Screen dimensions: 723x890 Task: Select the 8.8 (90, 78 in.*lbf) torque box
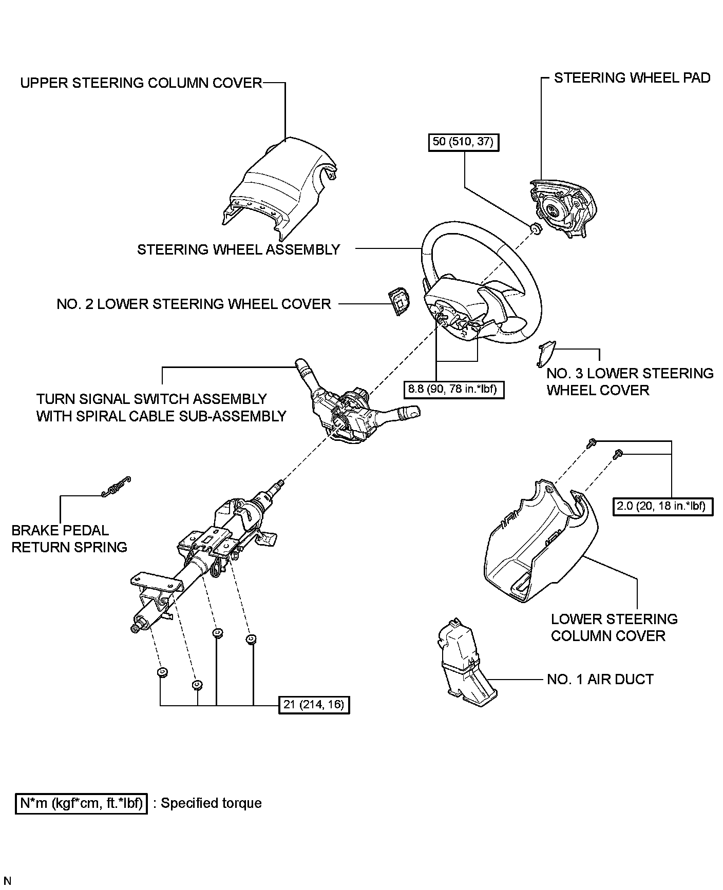click(x=454, y=389)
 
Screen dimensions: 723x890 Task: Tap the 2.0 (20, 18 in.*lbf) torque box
click(x=663, y=506)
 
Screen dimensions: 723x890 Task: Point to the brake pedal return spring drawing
click(x=116, y=487)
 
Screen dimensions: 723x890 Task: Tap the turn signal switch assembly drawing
click(x=354, y=405)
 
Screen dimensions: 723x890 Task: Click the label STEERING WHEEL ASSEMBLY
click(x=239, y=249)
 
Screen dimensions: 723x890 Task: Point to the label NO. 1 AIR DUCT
click(x=600, y=680)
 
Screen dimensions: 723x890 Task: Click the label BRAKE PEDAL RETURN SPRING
click(x=69, y=538)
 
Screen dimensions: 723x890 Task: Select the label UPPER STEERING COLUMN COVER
click(x=141, y=83)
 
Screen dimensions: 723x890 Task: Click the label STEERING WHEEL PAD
click(x=632, y=78)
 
